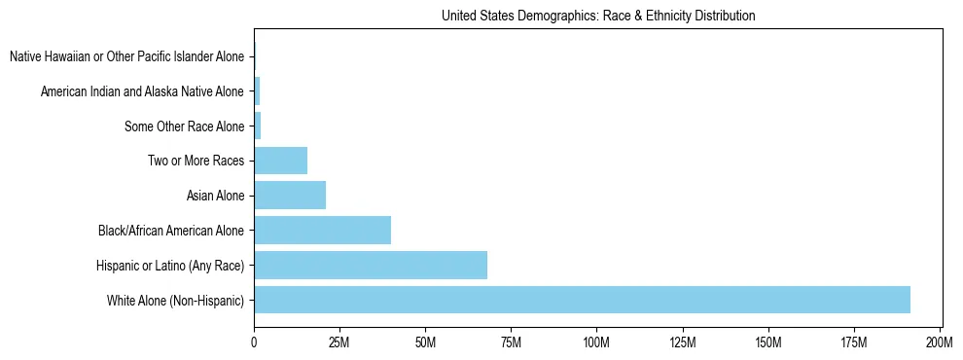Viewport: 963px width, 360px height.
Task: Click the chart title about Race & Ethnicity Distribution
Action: [598, 16]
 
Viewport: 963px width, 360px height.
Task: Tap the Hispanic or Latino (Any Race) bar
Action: [371, 265]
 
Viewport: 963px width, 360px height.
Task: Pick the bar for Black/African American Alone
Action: [322, 231]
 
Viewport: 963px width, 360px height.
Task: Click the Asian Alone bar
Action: [290, 196]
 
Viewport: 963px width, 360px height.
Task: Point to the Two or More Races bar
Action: [280, 161]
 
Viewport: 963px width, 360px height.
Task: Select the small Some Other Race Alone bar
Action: [258, 126]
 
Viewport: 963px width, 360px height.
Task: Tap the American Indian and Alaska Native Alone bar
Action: [257, 91]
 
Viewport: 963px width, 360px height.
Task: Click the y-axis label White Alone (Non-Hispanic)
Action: [176, 301]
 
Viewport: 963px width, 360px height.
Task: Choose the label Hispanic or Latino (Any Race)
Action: [170, 266]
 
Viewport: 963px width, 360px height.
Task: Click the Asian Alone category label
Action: [215, 197]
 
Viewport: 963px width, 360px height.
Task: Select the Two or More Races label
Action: [196, 162]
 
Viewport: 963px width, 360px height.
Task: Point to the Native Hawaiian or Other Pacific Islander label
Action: [126, 57]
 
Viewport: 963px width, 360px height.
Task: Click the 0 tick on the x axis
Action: [254, 342]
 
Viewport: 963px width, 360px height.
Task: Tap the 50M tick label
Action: [425, 342]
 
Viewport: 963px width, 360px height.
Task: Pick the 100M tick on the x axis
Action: [596, 342]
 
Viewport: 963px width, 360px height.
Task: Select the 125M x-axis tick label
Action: [683, 342]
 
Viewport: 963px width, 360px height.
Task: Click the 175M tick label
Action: [854, 342]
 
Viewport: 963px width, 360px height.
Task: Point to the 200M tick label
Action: [940, 342]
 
